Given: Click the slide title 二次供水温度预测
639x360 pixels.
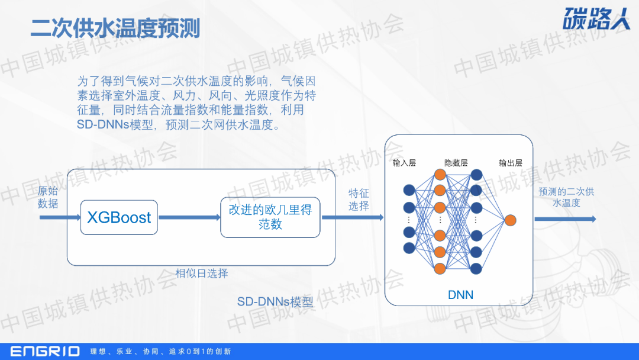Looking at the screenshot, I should pos(115,28).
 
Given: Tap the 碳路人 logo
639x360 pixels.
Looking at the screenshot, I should pos(596,20).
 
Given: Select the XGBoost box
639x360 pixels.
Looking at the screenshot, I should pos(120,217).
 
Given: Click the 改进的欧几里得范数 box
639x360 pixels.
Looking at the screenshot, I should pos(270,217).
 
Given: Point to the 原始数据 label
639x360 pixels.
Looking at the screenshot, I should pos(48,198).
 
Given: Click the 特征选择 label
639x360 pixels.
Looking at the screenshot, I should pos(359,200).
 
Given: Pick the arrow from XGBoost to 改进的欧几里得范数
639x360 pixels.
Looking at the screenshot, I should pos(189,217).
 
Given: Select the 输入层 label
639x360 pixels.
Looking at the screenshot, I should pos(404,163).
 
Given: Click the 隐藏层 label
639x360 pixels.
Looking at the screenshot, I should pos(456,163).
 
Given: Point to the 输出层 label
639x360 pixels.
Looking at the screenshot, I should pos(510,163).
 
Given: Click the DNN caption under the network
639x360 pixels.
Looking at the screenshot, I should pos(460,294).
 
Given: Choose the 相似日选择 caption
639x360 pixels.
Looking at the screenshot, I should pos(202,273).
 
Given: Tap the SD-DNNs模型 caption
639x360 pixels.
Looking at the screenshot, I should pos(275,301).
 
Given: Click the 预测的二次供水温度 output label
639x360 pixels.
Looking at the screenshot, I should pos(566,197).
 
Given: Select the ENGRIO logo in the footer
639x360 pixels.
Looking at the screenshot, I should pos(45,351).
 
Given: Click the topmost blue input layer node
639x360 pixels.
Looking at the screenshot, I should pos(409,190).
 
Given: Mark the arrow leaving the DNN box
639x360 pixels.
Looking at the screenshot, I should pos(565,219).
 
